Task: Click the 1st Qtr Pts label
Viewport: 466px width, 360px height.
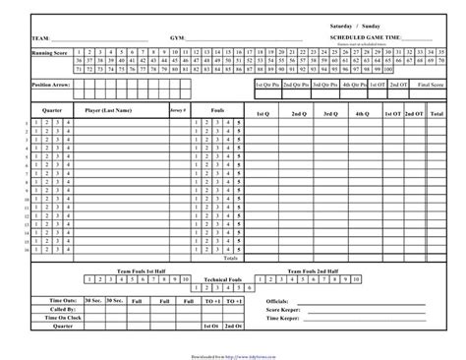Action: (x=268, y=86)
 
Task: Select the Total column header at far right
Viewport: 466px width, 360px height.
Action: (x=436, y=113)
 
